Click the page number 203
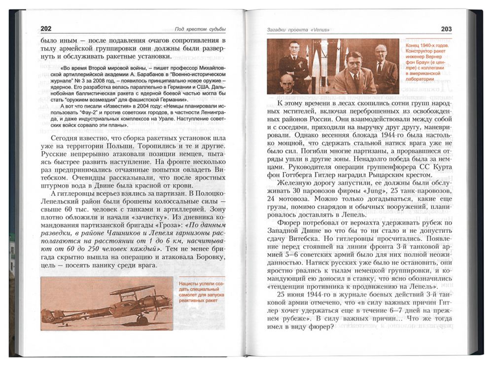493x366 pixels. (x=446, y=29)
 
